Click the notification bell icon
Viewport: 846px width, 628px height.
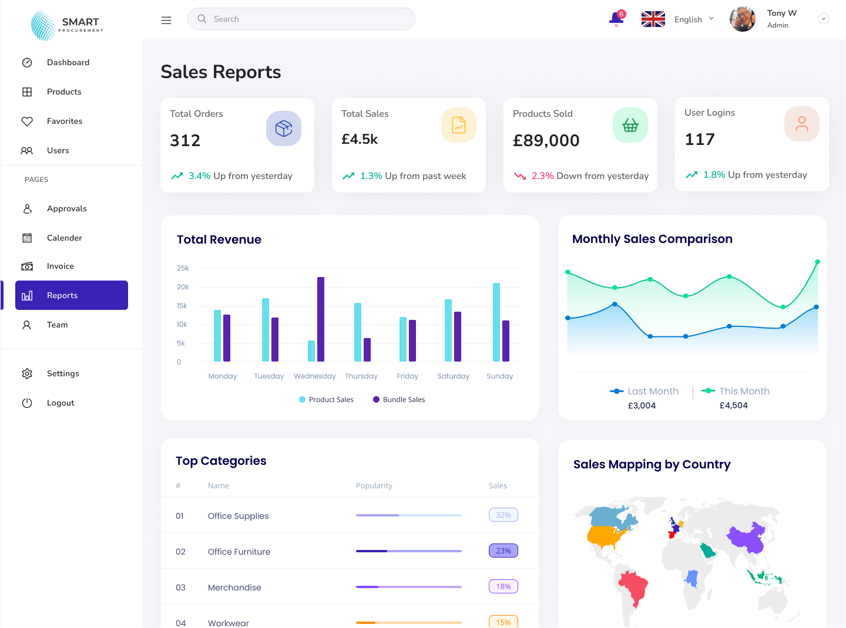click(616, 19)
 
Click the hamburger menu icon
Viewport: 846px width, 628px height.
click(166, 20)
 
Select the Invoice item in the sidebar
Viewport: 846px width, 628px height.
click(61, 266)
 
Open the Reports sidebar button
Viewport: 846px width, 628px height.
click(72, 295)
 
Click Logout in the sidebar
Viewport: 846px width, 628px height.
click(61, 403)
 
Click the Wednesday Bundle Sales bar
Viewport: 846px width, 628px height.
click(321, 319)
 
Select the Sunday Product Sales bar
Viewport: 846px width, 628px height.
click(496, 322)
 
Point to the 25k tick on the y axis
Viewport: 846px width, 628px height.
click(183, 268)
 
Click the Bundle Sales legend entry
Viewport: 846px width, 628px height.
click(399, 400)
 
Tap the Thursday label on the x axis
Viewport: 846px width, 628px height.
click(361, 376)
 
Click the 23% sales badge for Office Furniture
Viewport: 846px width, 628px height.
click(503, 551)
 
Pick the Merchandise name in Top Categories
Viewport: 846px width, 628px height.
click(234, 588)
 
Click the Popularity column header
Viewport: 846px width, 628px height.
click(374, 486)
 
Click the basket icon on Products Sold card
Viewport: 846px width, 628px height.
click(630, 125)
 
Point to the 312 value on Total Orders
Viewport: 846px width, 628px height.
click(185, 141)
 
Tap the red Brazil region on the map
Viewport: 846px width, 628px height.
click(633, 587)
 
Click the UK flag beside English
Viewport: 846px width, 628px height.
click(653, 19)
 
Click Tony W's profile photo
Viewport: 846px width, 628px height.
click(743, 19)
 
